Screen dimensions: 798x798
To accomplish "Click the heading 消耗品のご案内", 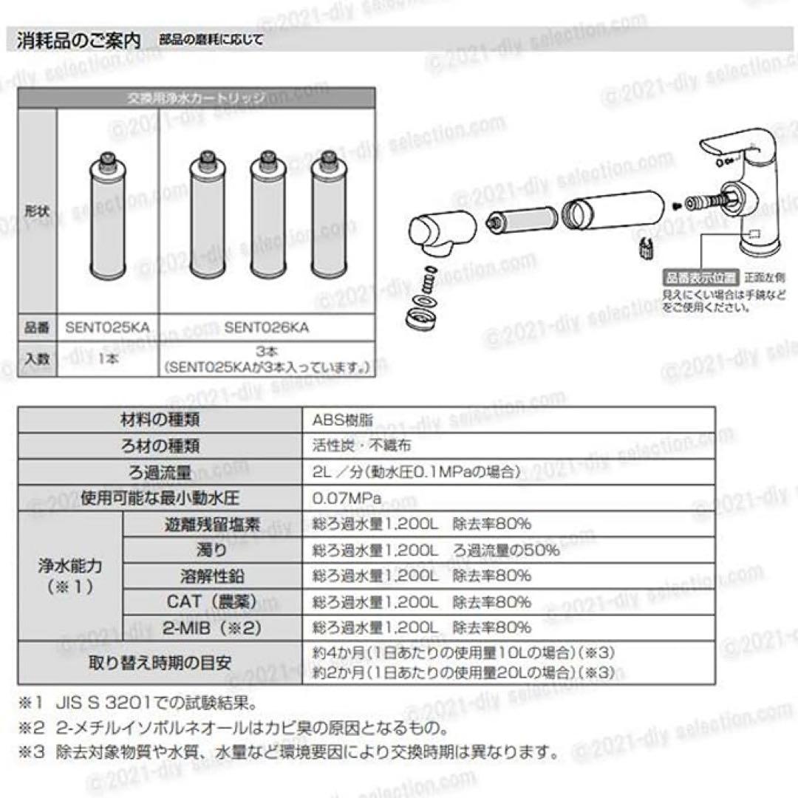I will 78,41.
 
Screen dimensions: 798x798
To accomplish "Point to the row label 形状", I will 36,211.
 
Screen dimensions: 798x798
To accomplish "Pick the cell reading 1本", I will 107,359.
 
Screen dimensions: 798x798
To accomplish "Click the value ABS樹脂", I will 342,420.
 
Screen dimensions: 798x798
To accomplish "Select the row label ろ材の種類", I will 160,446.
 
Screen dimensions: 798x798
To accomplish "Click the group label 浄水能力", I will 69,576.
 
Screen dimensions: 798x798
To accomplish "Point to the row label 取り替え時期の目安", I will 160,662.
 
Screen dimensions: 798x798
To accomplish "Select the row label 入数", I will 36,359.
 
